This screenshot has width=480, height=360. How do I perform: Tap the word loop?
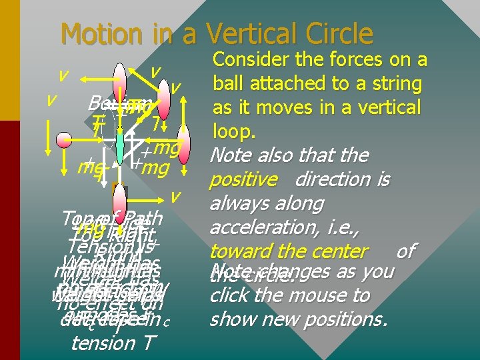pyautogui.click(x=233, y=131)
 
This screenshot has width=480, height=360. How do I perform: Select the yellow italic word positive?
pyautogui.click(x=243, y=180)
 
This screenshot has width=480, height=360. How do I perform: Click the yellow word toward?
pyautogui.click(x=241, y=252)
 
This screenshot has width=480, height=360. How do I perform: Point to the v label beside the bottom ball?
pyautogui.click(x=175, y=197)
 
